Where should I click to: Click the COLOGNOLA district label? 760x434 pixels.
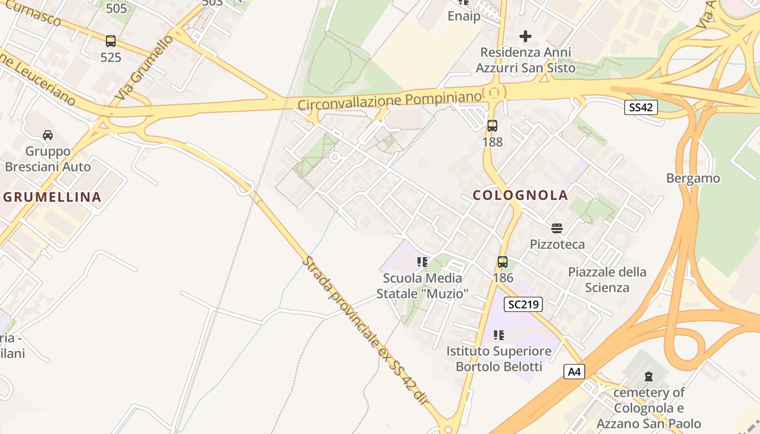(x=520, y=195)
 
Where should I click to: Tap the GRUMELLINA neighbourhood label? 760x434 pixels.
(x=53, y=197)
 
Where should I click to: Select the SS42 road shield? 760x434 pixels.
(x=641, y=107)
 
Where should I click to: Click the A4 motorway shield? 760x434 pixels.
(x=574, y=372)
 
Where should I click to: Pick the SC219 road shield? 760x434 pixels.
(x=523, y=304)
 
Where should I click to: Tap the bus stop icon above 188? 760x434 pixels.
(x=492, y=126)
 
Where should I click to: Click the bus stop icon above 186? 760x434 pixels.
(x=503, y=262)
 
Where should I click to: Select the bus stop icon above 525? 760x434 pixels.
(x=111, y=41)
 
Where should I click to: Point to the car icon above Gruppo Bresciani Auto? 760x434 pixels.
(x=48, y=135)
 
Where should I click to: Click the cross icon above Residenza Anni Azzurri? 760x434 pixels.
(x=525, y=36)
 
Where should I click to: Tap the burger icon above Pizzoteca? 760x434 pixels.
(x=557, y=228)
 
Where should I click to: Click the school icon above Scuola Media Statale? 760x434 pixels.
(x=422, y=262)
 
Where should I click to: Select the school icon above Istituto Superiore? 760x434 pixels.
(x=498, y=335)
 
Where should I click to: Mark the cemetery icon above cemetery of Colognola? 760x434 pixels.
(x=648, y=376)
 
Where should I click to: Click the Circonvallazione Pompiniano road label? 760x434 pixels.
(x=389, y=100)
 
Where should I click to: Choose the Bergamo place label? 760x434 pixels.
(x=693, y=178)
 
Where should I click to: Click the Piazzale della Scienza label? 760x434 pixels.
(x=607, y=279)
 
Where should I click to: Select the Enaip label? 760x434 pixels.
(x=464, y=16)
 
